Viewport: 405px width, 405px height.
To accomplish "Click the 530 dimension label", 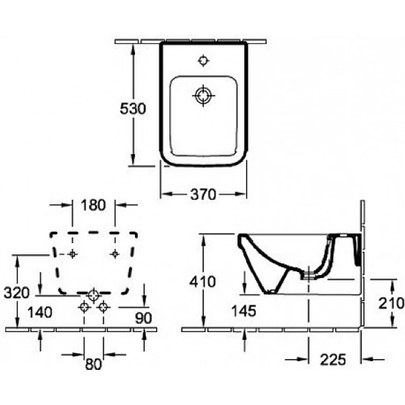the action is point(133,109).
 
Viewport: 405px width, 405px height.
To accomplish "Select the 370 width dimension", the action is point(203,194).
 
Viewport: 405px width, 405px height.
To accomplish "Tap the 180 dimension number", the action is point(93,205).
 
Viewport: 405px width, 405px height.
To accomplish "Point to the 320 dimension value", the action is point(17,293).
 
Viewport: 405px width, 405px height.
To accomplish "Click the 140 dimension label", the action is point(40,312).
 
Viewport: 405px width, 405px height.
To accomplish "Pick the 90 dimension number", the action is point(143,318).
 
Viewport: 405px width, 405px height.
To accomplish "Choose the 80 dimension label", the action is point(93,364).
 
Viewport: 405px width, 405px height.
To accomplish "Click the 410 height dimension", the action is point(202,281).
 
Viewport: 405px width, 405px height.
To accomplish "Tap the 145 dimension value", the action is point(244,310).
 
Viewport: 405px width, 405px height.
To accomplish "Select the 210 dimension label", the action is point(391,303).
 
